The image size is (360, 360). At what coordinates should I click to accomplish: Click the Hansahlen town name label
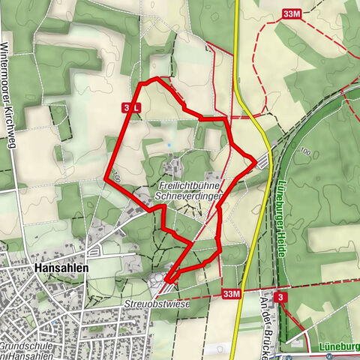coord(61,268)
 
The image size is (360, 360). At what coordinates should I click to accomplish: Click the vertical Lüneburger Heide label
coord(280,218)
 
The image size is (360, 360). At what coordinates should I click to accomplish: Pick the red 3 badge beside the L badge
coord(126,108)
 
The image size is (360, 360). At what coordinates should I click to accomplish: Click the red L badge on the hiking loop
coord(136,108)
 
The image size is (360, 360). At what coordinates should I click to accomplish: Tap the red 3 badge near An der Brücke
coord(279,297)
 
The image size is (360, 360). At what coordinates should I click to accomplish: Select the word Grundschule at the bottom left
coord(25,346)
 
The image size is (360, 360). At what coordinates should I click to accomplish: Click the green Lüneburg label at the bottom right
coord(338,346)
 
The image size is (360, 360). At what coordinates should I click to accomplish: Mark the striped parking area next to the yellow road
coord(262,160)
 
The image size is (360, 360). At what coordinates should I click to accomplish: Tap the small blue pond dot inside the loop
coord(169,145)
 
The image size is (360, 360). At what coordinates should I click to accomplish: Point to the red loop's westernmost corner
coord(105,178)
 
